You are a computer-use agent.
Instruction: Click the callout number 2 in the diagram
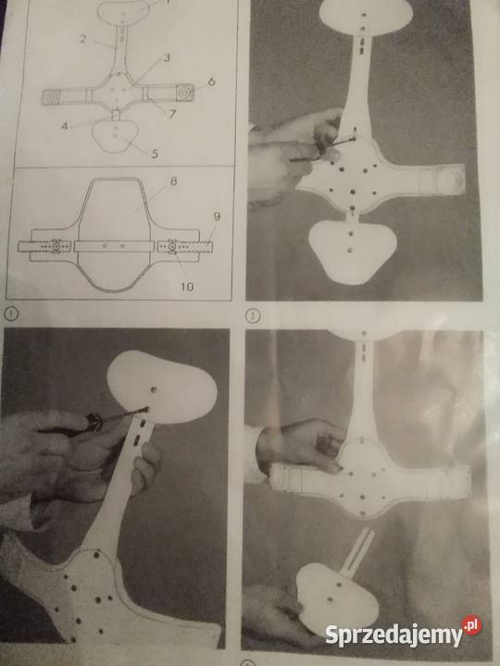(x=83, y=39)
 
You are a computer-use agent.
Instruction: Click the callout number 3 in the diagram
(x=167, y=57)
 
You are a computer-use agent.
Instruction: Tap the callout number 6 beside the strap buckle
(x=211, y=81)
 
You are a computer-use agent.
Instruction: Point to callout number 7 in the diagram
(x=172, y=115)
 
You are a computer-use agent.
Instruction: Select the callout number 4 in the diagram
(x=64, y=126)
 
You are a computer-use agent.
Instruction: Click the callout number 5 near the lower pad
(x=155, y=154)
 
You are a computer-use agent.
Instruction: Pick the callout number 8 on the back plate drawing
(x=173, y=181)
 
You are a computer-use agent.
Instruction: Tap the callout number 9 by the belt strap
(x=217, y=216)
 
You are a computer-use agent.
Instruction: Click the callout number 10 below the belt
(x=187, y=287)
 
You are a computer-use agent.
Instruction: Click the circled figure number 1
(x=11, y=314)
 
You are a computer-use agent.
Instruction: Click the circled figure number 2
(x=253, y=316)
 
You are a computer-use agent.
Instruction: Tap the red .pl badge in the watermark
(x=471, y=625)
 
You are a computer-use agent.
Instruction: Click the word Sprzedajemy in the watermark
(x=394, y=635)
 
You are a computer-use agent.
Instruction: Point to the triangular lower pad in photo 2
(x=353, y=251)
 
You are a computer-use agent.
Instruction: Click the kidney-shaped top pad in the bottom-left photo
(x=162, y=387)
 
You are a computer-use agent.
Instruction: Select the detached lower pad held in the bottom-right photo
(x=336, y=594)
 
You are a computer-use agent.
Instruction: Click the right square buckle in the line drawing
(x=185, y=92)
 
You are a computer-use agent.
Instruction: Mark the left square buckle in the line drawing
(x=50, y=97)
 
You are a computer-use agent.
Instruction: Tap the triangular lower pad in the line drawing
(x=115, y=135)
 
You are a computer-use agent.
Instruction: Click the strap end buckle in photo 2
(x=452, y=179)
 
